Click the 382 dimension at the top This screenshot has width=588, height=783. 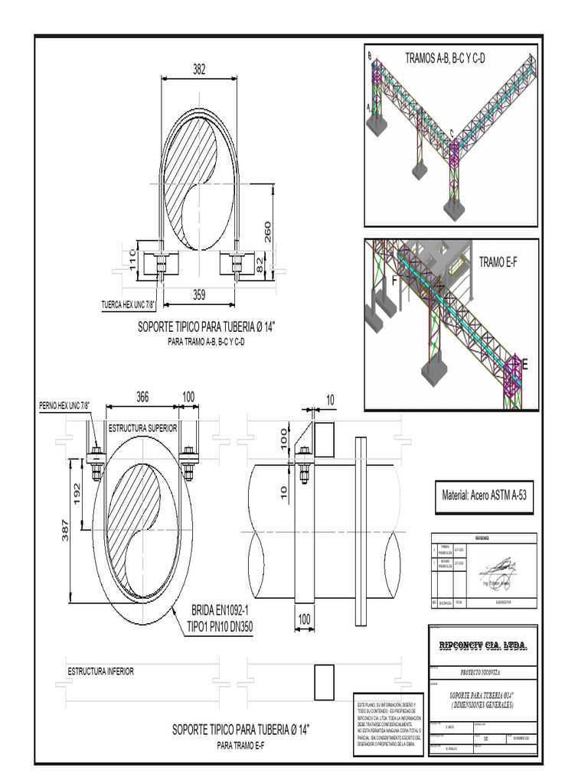(199, 70)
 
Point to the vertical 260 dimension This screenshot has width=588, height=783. (267, 232)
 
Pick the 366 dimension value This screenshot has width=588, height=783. (142, 397)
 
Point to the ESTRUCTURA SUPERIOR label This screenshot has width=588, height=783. (143, 427)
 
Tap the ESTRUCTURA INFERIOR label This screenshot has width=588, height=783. (101, 671)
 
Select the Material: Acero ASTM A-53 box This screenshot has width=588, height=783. (485, 495)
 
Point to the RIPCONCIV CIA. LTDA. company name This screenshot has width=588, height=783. (482, 646)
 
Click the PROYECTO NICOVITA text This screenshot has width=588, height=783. (482, 673)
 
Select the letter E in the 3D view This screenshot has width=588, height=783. (524, 365)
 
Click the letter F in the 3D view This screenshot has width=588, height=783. (395, 281)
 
